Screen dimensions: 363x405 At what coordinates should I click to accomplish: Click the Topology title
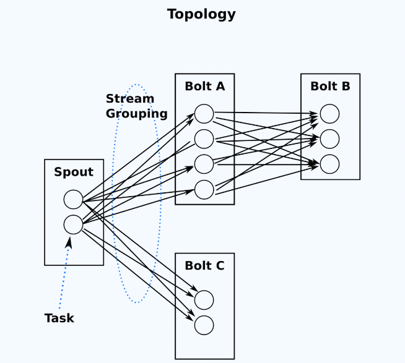201,14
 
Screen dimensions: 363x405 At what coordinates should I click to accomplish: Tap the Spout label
74,172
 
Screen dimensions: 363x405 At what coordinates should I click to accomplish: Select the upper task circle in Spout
73,200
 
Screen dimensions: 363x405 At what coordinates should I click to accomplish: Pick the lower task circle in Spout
73,224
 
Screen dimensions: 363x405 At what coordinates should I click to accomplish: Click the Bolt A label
204,87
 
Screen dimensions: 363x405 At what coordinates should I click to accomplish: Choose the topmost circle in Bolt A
204,114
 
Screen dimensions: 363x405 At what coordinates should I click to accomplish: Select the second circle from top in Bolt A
204,139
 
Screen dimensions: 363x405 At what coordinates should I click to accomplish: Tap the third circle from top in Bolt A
204,164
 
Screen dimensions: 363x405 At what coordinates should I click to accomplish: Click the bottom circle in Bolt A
204,189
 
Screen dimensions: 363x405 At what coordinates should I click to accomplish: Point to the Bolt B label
330,87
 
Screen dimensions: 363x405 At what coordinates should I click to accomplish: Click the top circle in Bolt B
329,114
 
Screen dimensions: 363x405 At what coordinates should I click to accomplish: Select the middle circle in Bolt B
329,139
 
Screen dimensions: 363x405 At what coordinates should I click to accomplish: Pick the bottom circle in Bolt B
329,164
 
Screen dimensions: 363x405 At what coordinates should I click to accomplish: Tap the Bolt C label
204,266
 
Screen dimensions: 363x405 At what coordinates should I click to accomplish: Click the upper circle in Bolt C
204,300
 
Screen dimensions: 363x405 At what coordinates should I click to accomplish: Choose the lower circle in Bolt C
204,325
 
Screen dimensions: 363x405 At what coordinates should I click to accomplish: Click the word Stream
130,99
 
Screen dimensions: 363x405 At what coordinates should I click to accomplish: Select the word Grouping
136,114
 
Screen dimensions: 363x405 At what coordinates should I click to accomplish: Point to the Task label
59,318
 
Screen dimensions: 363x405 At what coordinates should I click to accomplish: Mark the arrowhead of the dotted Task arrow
69,242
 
